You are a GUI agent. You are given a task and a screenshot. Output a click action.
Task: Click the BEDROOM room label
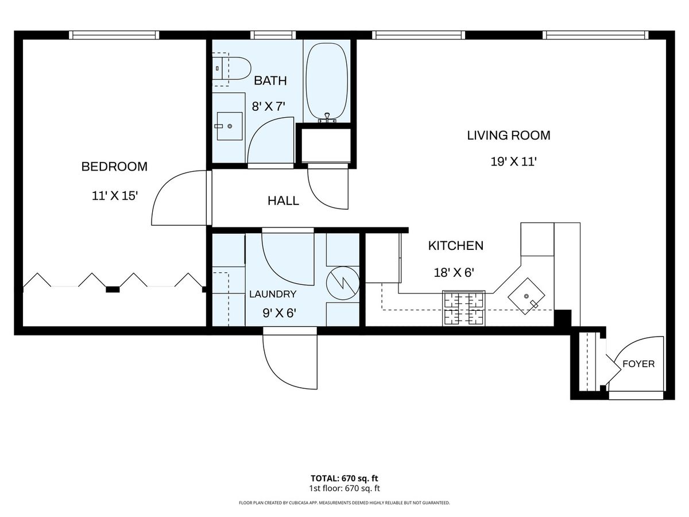coord(114,167)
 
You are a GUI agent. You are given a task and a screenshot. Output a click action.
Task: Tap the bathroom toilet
coord(231,68)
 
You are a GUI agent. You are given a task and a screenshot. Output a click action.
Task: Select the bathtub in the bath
coord(327,83)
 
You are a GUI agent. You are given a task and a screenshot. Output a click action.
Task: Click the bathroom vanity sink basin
coord(230,126)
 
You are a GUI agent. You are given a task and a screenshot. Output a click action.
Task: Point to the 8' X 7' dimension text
coord(268,106)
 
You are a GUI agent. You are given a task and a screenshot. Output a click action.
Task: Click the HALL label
coord(283,201)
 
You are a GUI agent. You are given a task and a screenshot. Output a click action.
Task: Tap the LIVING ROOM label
coord(509,136)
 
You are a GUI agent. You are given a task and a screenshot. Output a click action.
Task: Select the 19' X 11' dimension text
coord(513,161)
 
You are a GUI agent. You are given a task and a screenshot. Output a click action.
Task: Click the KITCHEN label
coord(456,245)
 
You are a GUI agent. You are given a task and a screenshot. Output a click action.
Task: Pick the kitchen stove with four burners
coord(463,308)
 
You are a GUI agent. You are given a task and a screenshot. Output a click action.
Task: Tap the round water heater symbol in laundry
coord(343,283)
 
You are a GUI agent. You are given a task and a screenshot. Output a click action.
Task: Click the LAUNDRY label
coord(273,294)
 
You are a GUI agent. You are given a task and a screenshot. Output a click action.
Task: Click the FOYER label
coord(638,364)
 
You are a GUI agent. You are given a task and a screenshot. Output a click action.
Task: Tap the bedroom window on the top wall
coord(114,35)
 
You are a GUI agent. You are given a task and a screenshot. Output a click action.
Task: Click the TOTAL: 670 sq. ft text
coord(344,479)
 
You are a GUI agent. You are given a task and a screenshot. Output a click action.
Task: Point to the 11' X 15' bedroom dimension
coord(115,196)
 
